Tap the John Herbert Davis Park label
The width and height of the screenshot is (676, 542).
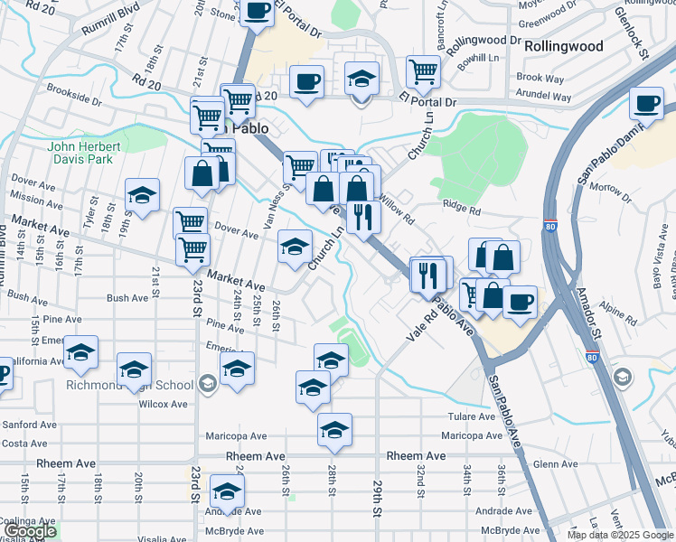[83, 154]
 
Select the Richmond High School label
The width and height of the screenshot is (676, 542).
[129, 386]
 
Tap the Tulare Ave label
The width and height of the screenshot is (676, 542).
[472, 416]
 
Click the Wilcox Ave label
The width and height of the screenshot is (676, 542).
[163, 404]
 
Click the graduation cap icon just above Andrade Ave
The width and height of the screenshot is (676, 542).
[227, 492]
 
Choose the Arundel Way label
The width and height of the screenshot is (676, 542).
[544, 97]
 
